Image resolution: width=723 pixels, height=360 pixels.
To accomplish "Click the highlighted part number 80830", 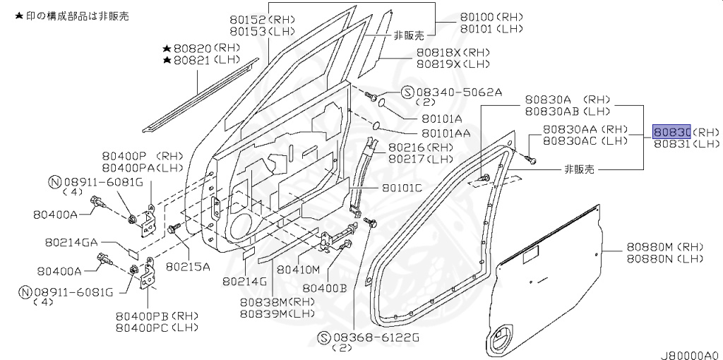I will click(x=671, y=132).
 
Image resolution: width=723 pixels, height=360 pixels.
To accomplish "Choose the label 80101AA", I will click(x=446, y=133).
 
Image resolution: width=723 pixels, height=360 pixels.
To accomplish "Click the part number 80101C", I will click(x=402, y=188).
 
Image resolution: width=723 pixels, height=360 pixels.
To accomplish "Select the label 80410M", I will click(x=298, y=270).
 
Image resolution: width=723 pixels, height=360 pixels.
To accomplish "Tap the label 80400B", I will click(x=324, y=287).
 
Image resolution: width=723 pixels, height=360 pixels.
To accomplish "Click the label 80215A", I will click(x=188, y=267).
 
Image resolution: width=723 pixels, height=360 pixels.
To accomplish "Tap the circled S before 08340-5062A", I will click(x=407, y=92).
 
